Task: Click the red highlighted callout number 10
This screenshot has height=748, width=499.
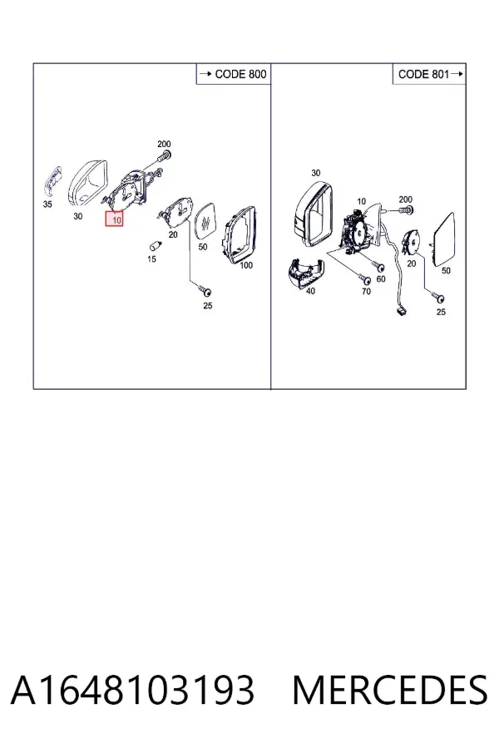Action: [115, 219]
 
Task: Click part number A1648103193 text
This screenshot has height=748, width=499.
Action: [132, 690]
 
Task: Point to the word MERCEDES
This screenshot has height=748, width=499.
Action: [390, 690]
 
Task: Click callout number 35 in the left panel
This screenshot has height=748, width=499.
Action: [47, 204]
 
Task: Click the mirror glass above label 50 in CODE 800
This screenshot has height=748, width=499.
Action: [207, 222]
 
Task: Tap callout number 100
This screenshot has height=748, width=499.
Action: [246, 265]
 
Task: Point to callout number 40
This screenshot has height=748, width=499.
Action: [310, 291]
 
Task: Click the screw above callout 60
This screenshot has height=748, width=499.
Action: [379, 266]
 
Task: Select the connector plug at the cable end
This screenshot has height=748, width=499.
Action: [402, 312]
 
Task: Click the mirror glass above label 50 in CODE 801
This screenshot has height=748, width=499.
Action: [444, 239]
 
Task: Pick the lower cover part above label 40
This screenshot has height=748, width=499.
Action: [304, 273]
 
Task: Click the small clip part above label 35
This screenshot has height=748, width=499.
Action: [52, 180]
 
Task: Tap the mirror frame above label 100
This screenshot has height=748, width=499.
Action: [239, 234]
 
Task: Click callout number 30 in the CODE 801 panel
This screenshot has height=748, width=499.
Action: [316, 173]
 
